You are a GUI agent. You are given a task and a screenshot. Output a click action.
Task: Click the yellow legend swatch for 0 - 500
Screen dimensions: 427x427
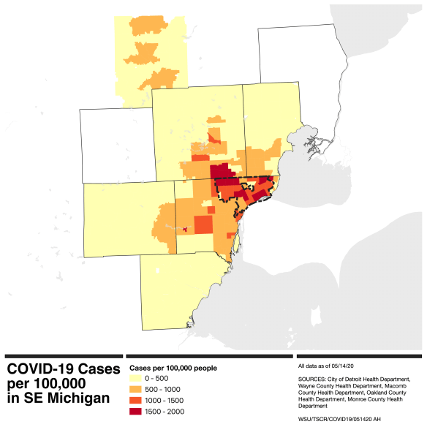(x=137, y=379)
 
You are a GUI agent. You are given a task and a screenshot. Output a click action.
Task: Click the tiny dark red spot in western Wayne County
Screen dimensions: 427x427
(x=184, y=230)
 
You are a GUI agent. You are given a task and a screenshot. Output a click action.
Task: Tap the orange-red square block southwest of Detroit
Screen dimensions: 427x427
(x=203, y=224)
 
